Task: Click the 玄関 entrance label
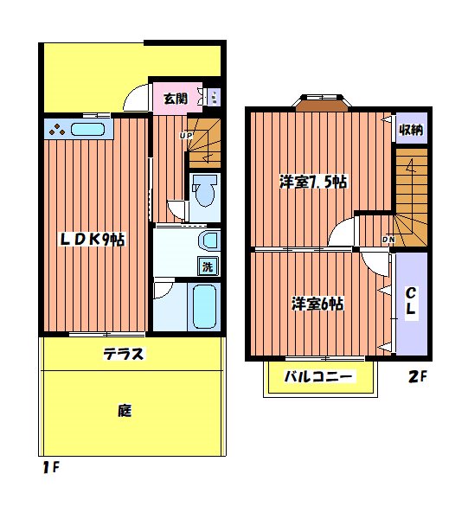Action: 176,99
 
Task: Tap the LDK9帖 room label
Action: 92,240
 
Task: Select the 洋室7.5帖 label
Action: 313,183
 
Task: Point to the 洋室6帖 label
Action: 317,304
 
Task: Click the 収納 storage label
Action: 411,131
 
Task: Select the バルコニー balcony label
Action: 320,378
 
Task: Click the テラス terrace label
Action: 124,354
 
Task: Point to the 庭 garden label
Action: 125,411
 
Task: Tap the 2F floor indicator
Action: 418,377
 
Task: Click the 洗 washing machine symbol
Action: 208,267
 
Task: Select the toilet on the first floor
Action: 205,192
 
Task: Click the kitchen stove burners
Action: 57,131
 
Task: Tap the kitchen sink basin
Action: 87,131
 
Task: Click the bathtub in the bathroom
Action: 206,307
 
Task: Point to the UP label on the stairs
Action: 185,135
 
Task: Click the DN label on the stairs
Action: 389,239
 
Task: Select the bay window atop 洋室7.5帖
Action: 320,104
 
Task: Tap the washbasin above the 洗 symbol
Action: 208,240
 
